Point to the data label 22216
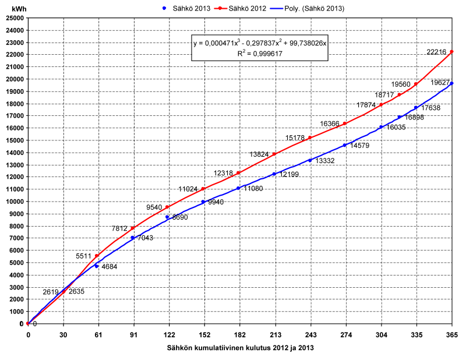tap(436, 52)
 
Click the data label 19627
tap(440, 83)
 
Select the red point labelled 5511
tap(97, 256)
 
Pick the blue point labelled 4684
tap(97, 266)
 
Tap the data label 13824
tap(259, 154)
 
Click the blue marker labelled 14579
tap(345, 145)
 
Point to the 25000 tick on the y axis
tap(13, 18)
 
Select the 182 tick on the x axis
tap(239, 335)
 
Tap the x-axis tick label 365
tap(452, 335)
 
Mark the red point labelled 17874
tap(381, 105)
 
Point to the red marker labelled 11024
tap(203, 188)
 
